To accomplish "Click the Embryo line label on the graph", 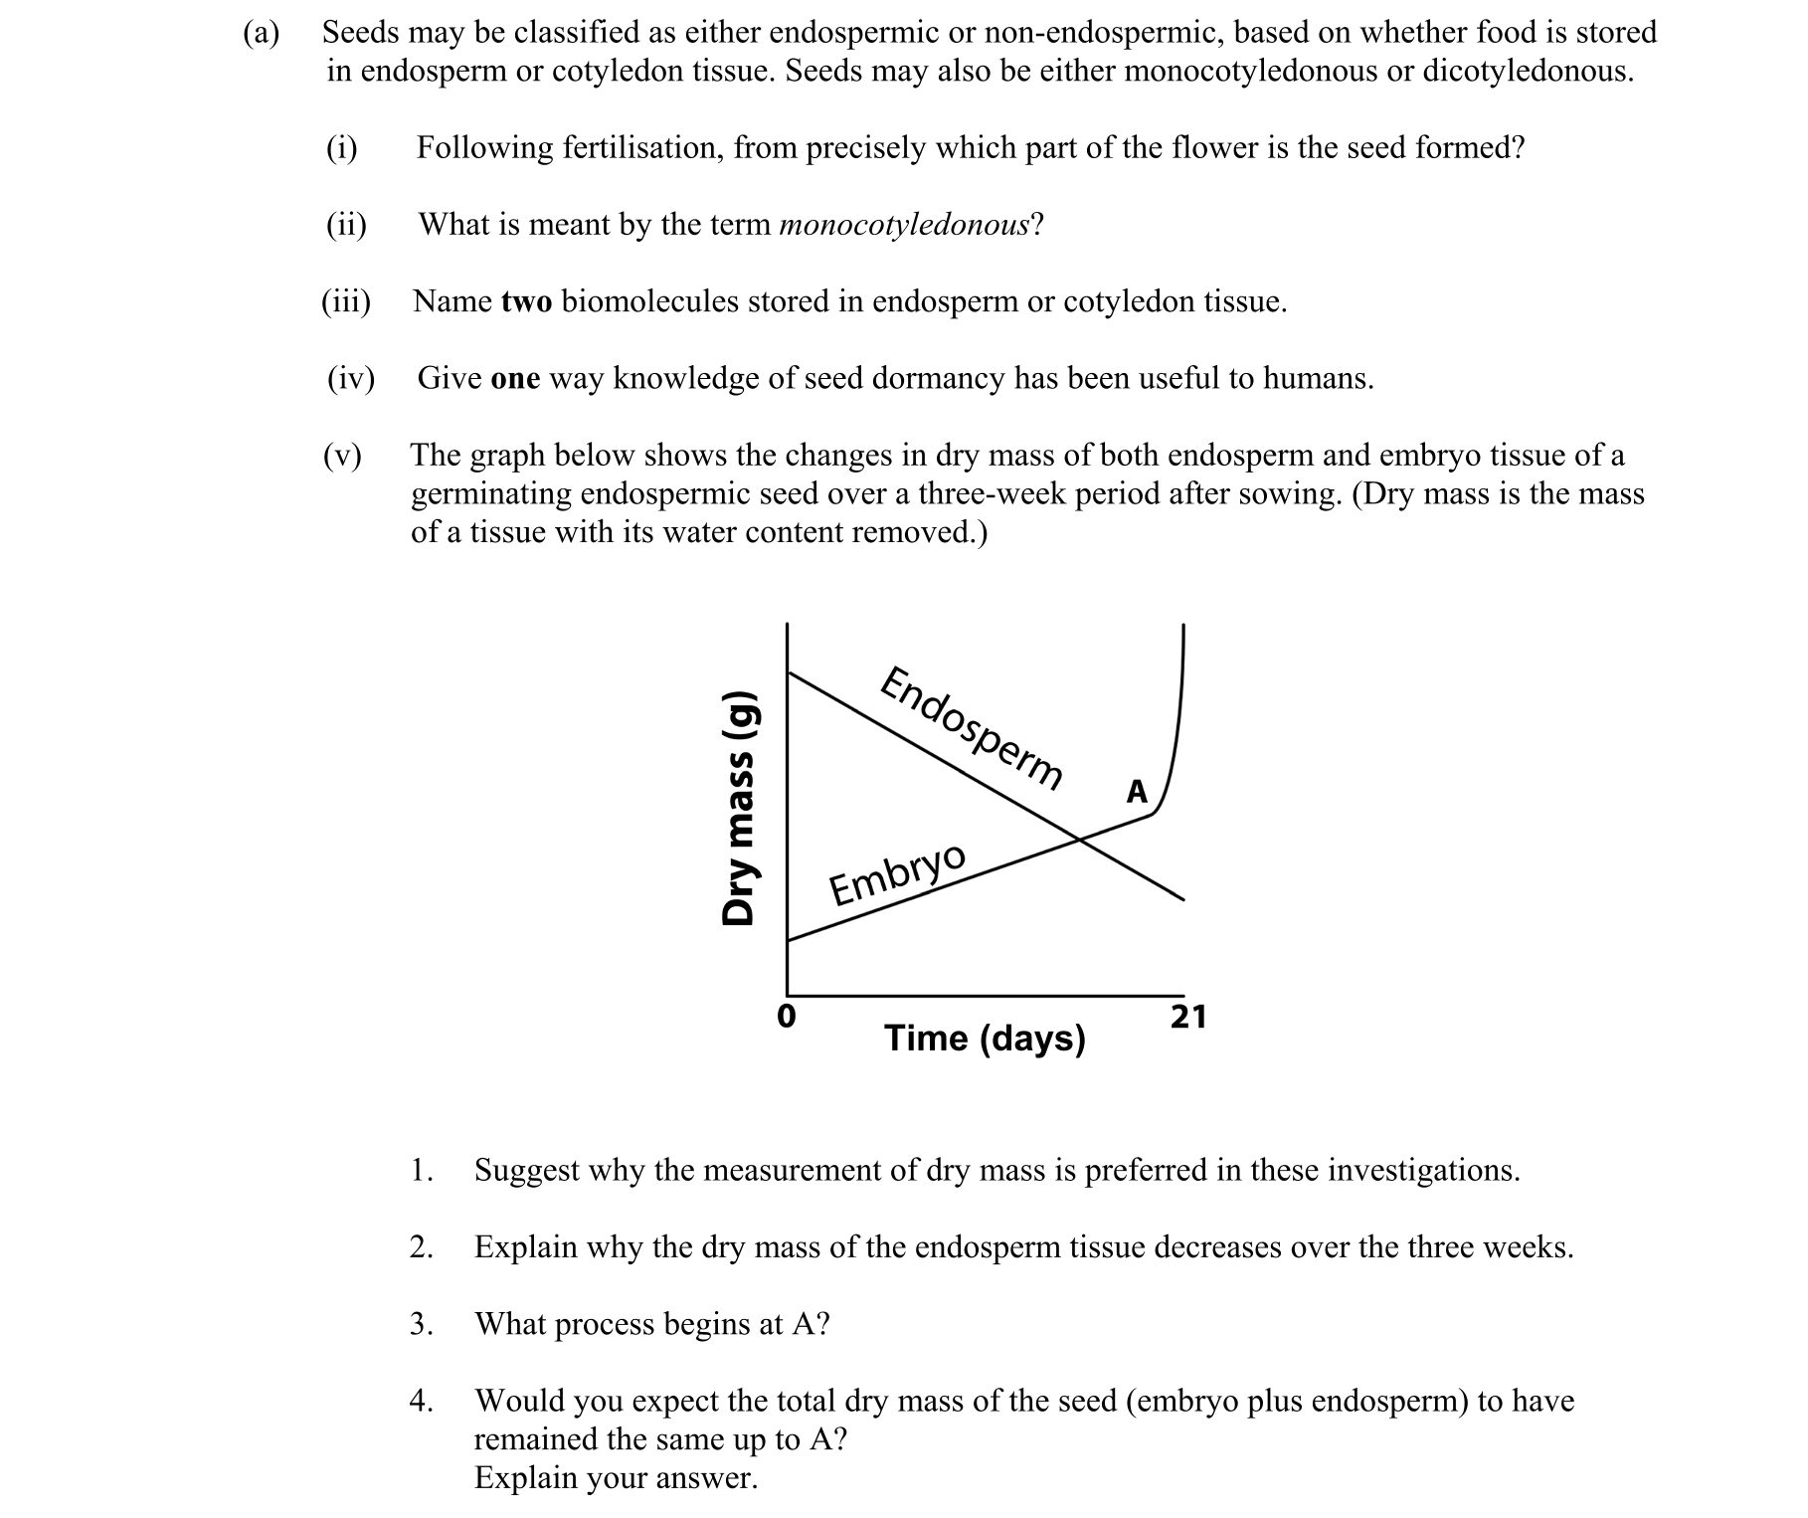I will (x=897, y=874).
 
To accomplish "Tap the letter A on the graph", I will (x=1137, y=793).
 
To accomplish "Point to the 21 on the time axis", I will (x=1187, y=1018).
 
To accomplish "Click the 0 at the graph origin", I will (x=786, y=1018).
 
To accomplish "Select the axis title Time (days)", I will (x=985, y=1039).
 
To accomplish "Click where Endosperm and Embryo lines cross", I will (x=1080, y=841).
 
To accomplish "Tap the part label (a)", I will (x=262, y=33).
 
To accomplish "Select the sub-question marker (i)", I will (x=341, y=148).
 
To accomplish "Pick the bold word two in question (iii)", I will (x=526, y=301).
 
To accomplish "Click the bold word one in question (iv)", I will (x=515, y=379).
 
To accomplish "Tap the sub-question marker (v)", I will (x=342, y=456).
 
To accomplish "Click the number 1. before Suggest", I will (x=421, y=1170).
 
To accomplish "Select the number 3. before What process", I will (x=421, y=1324).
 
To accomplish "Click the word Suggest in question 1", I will (x=526, y=1171).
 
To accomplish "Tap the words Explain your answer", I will (x=616, y=1478).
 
